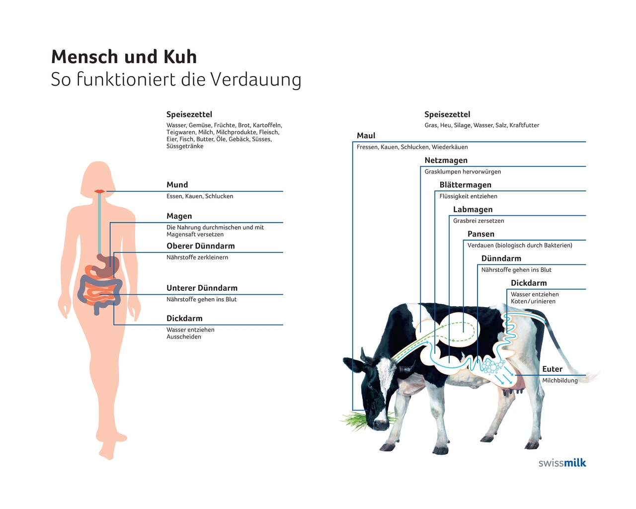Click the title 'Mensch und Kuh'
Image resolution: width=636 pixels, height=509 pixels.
coord(124,57)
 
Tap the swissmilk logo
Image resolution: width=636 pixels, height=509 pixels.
coord(562,463)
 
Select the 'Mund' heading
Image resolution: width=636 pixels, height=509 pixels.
coord(177,185)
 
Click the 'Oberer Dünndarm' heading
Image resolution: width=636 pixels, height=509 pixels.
coord(201,246)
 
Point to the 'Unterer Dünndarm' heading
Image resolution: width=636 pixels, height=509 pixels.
coord(202,288)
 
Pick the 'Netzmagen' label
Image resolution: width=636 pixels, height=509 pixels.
coord(446,161)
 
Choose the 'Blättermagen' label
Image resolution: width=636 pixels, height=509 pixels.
coord(466,185)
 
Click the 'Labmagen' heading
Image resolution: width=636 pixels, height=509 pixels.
coord(473,210)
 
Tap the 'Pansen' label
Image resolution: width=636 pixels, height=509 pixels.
coord(481,234)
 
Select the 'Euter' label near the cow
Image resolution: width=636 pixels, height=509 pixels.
coord(552,369)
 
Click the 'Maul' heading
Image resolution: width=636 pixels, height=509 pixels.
coord(366,136)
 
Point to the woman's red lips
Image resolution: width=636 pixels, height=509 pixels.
coord(99,191)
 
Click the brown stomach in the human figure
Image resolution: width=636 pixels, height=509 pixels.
coord(106,265)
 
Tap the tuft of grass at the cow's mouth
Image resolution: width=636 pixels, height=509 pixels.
coord(355,420)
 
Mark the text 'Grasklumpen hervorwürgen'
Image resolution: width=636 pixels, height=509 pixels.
coord(463,172)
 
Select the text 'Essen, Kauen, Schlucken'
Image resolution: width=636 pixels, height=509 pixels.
coord(200,196)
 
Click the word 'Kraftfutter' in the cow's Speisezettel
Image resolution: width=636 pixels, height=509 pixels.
coord(524,125)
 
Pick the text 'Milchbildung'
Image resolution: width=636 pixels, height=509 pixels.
coord(560,381)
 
